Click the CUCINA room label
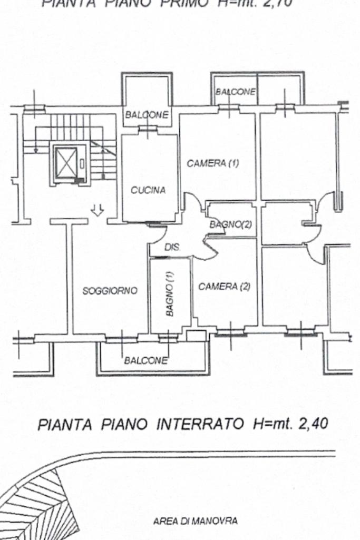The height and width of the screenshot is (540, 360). [x=148, y=191]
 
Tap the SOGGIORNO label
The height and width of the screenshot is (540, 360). [x=110, y=290]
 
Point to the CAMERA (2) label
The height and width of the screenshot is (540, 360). [x=224, y=287]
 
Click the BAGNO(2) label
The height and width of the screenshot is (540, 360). [x=231, y=224]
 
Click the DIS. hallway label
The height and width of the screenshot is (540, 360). [x=172, y=247]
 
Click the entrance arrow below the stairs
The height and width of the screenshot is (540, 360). [x=97, y=211]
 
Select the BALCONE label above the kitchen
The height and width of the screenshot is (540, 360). [x=147, y=115]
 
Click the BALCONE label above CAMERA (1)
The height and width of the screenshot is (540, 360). [x=235, y=92]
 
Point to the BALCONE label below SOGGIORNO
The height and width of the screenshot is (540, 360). [x=146, y=361]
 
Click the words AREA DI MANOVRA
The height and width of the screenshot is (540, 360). [x=195, y=522]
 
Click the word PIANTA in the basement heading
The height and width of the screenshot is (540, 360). [x=63, y=423]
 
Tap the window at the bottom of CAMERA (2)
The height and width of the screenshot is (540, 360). [x=231, y=332]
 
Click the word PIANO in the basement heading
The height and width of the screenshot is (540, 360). [x=126, y=423]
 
